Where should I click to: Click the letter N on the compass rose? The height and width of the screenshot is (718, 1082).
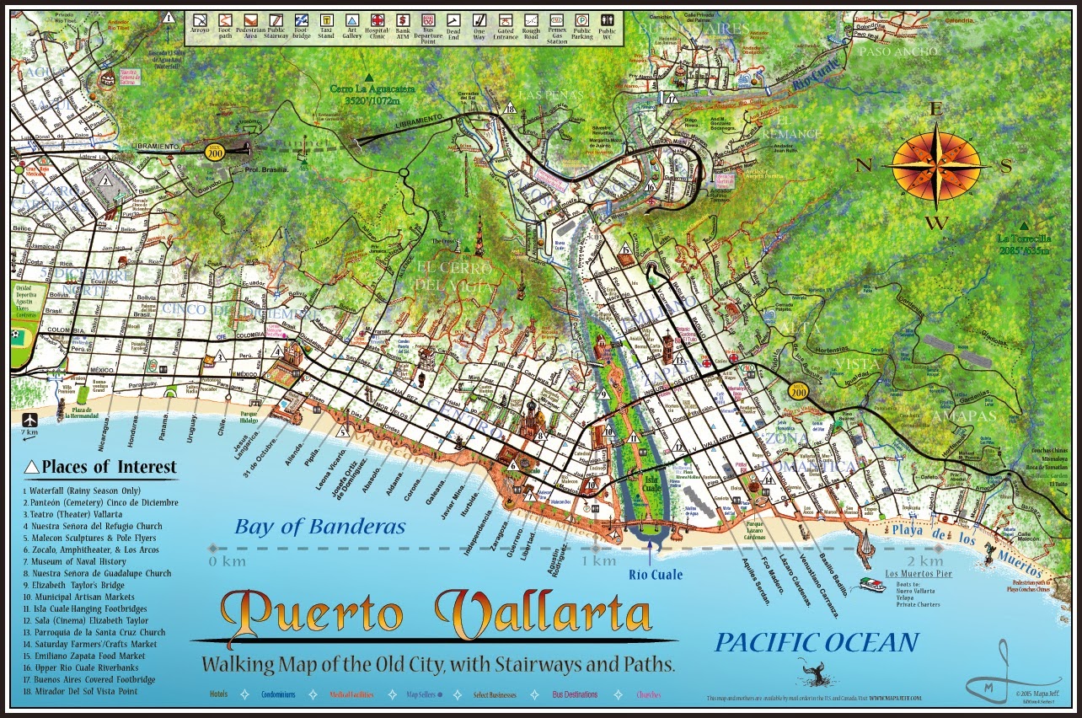864,165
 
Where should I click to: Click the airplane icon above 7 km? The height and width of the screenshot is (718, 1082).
30,419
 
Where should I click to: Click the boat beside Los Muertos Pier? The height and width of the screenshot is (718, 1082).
870,584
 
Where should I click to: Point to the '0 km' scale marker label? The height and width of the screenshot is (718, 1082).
225,560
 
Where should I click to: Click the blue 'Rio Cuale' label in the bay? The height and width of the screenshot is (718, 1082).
656,576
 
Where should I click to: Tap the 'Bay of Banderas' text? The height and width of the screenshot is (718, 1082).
320,528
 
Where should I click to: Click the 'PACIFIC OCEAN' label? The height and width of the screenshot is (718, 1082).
816,643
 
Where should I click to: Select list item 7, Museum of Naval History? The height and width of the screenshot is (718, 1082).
75,561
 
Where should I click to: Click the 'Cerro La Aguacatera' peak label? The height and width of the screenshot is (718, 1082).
368,90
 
